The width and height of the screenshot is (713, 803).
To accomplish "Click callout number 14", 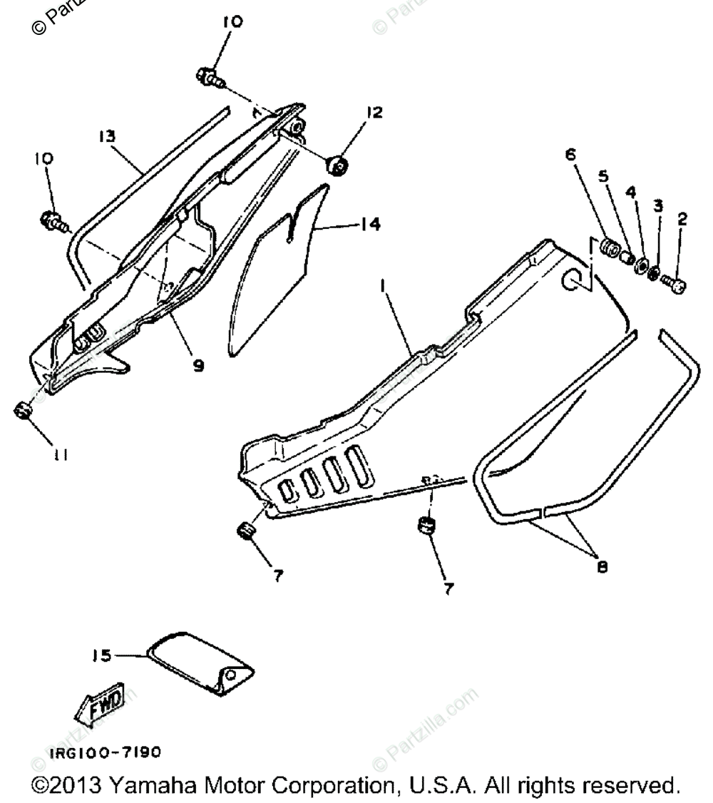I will (369, 225).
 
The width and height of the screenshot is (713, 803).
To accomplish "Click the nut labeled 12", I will (337, 166).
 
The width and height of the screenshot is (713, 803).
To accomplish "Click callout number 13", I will (108, 136).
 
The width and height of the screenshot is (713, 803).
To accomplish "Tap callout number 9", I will (198, 366).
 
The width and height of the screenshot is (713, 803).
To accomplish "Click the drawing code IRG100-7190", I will (105, 752).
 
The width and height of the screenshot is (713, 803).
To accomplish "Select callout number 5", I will (603, 176).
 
